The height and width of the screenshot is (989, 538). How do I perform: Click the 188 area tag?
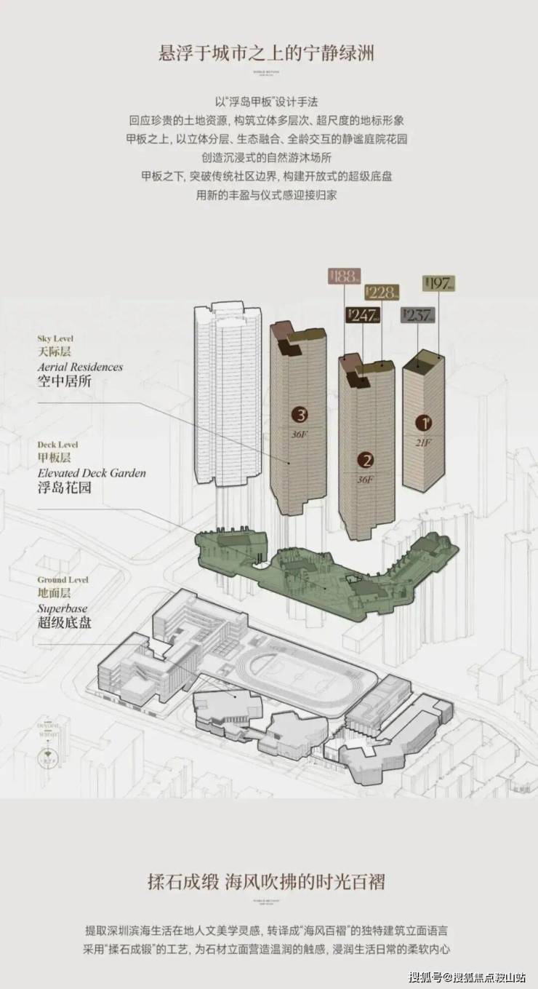[344, 277]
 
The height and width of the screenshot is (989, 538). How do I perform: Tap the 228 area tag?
[382, 293]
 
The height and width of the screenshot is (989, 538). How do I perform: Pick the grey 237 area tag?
[418, 315]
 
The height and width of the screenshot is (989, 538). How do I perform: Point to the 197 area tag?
[438, 284]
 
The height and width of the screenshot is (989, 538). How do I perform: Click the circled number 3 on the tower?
[300, 415]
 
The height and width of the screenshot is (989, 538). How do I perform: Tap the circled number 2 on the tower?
[366, 460]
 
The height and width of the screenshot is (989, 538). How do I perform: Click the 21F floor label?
[422, 442]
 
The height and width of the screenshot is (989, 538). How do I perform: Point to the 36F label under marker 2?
[365, 480]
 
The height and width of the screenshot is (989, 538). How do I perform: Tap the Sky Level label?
[56, 338]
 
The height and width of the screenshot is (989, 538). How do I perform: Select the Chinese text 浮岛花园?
[65, 488]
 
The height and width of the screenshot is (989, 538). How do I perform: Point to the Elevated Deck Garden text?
[92, 473]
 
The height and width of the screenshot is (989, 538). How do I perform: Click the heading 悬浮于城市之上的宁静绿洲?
[268, 53]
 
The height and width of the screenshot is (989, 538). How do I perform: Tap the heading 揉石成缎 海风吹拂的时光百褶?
[268, 882]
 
